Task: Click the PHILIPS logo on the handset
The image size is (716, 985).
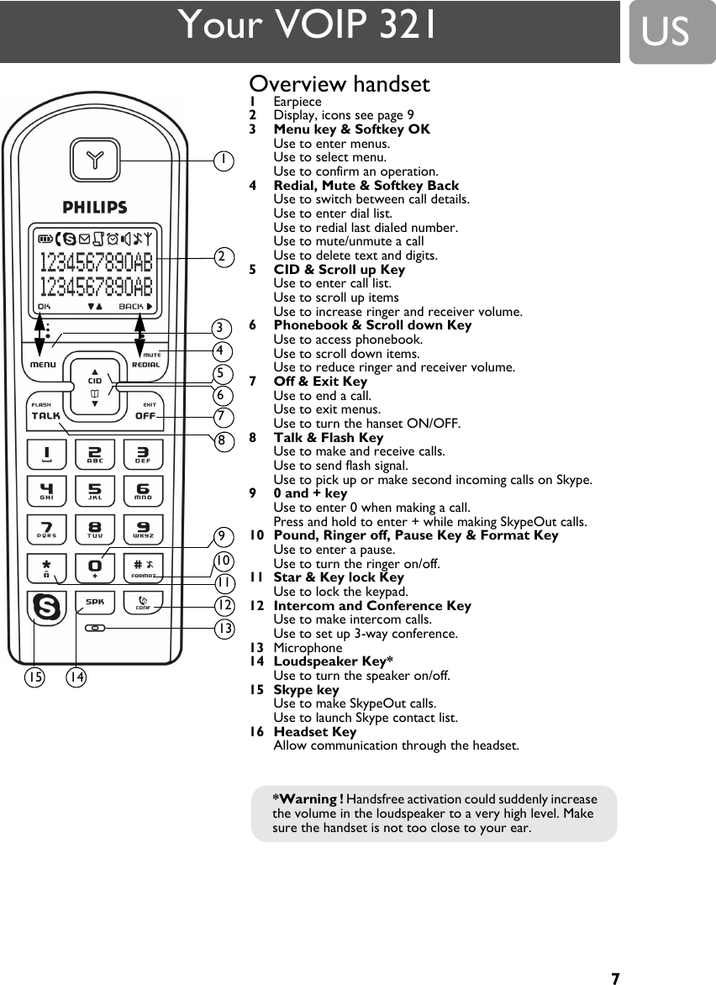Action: [x=95, y=207]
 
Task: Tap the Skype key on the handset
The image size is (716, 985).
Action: [x=47, y=607]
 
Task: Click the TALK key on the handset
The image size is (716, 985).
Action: [x=46, y=414]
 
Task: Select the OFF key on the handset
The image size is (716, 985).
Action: [x=145, y=414]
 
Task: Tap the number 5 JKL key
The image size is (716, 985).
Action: [x=95, y=490]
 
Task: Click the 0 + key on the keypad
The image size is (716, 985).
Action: [x=95, y=569]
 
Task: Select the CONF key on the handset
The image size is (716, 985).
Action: [x=143, y=605]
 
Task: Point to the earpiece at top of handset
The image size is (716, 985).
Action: [x=95, y=157]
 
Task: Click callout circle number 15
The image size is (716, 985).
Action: [x=34, y=676]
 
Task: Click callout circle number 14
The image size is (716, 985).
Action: [x=76, y=676]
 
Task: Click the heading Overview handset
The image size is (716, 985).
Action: [x=340, y=84]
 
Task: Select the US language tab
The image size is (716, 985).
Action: [x=667, y=33]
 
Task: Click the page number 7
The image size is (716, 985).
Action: [x=615, y=978]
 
